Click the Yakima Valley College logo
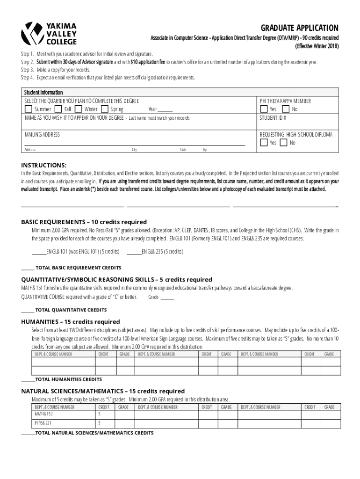(49, 33)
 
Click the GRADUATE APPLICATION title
(300, 28)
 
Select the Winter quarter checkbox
(79, 109)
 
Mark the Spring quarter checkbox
(105, 109)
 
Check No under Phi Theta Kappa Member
(286, 109)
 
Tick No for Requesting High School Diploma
(283, 142)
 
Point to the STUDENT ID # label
(273, 118)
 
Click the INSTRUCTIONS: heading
(44, 166)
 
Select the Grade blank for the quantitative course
(167, 298)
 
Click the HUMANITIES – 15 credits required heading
(71, 322)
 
